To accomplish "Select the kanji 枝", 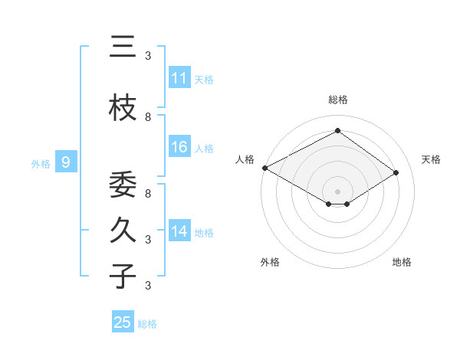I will tap(123, 107).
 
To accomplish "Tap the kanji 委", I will tap(123, 185).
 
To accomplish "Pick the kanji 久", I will tap(123, 231).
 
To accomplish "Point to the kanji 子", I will tap(123, 277).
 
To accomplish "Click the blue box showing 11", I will tap(179, 78).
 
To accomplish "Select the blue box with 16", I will tap(179, 147).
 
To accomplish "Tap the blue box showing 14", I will tap(179, 231).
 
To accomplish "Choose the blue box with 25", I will tap(123, 322).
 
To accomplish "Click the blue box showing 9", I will tap(66, 162).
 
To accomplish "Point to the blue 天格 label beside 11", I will tap(203, 79).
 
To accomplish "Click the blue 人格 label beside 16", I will tap(203, 148).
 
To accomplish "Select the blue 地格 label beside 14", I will tap(203, 232).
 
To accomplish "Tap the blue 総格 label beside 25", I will tap(147, 323).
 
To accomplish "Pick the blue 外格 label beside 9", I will tap(40, 163).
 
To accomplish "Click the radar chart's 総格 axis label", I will tap(337, 100).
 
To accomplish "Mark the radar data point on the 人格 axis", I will tap(264, 167).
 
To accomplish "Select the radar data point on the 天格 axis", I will tap(396, 172).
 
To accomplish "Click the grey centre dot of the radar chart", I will tap(337, 191).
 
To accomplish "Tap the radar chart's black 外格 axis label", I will tap(270, 262).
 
